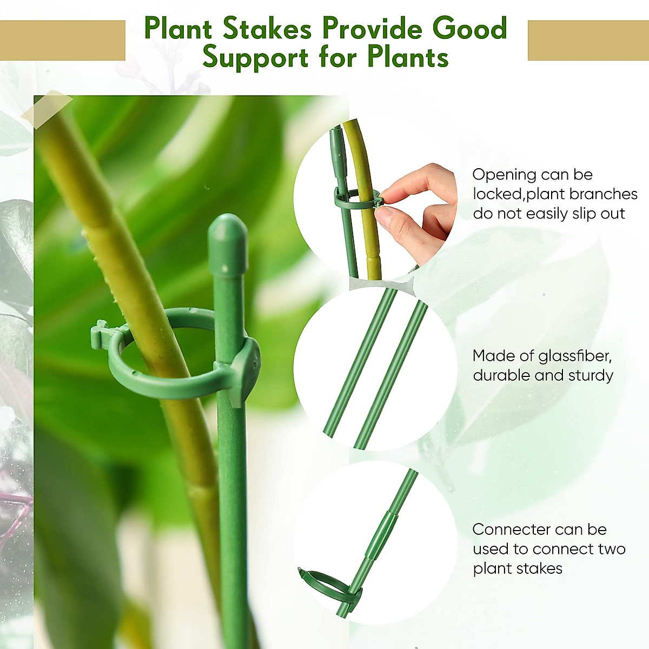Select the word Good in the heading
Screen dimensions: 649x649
(469, 29)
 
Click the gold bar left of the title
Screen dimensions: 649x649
(63, 41)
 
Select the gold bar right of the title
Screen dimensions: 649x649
(588, 41)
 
